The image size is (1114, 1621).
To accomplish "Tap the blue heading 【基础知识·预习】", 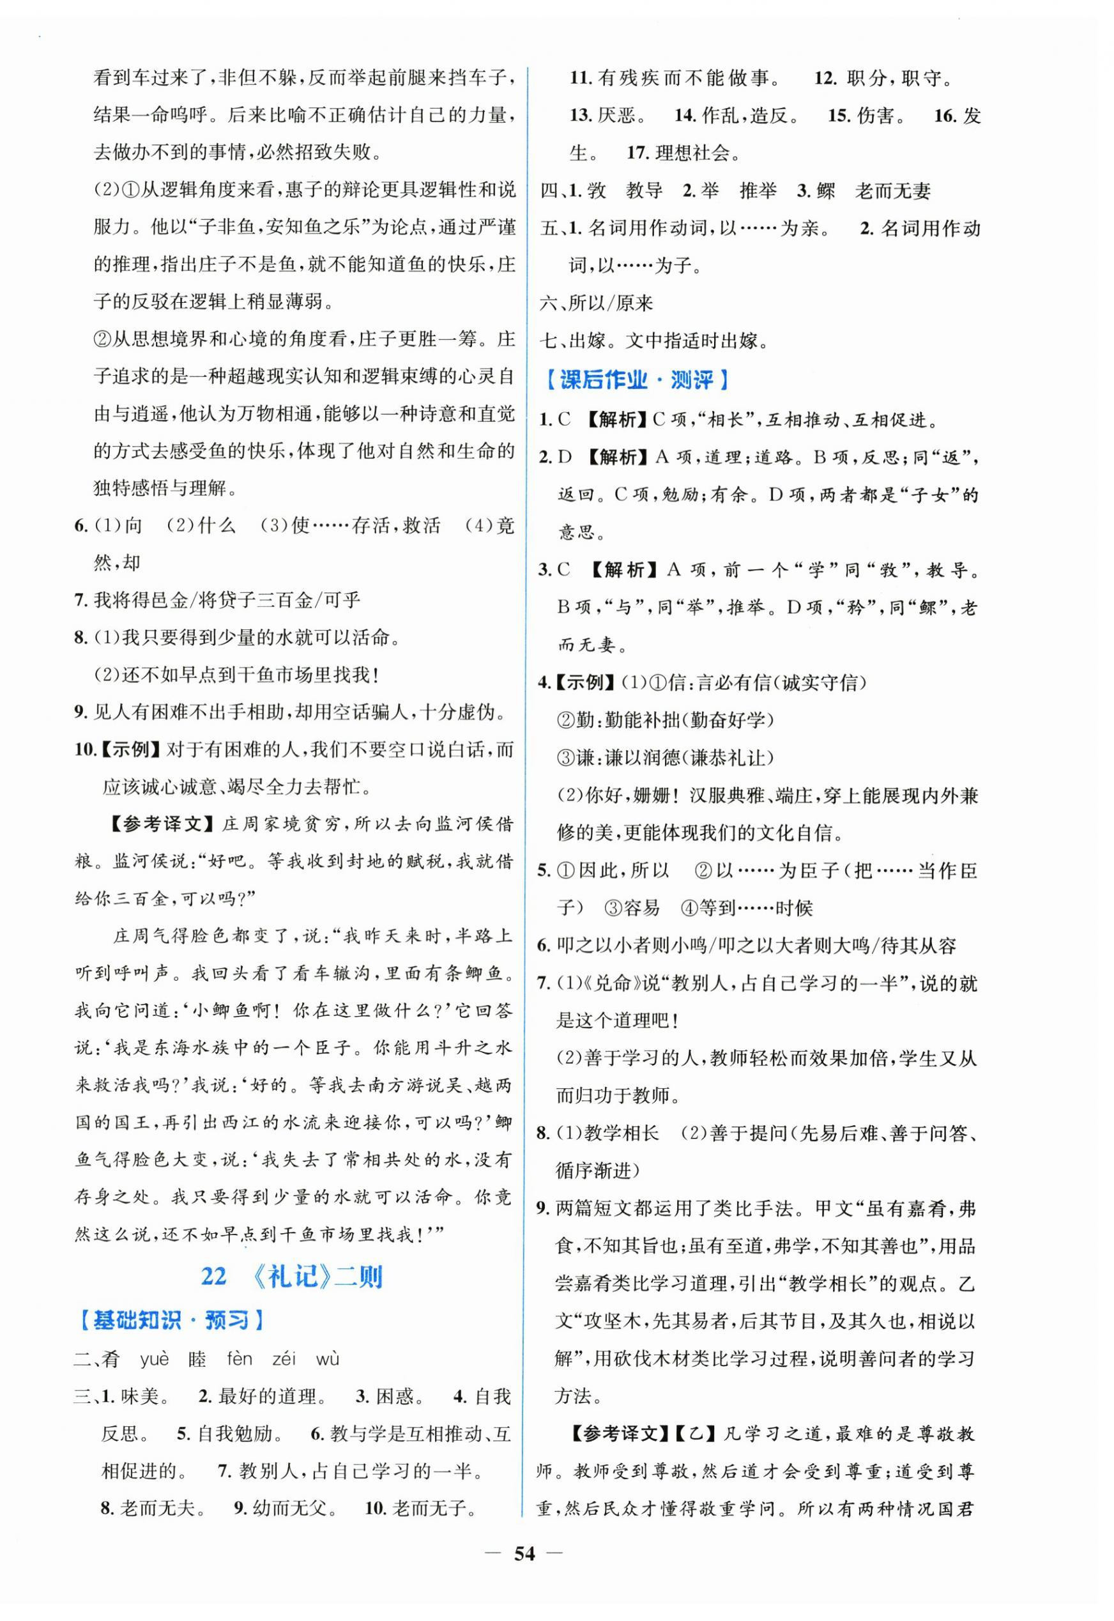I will [x=171, y=1320].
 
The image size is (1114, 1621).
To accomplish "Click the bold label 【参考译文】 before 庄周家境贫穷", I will [x=163, y=824].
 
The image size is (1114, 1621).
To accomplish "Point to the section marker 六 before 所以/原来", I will [x=548, y=303].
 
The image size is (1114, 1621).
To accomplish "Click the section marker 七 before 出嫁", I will [x=548, y=341].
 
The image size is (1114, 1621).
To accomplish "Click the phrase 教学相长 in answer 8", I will [x=622, y=1133].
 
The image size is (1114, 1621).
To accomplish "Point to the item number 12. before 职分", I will [x=825, y=77].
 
